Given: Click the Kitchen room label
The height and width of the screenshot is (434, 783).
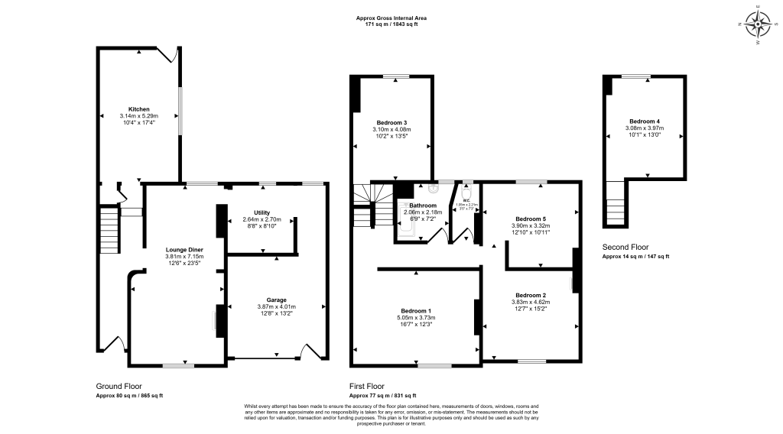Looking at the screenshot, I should (x=138, y=108).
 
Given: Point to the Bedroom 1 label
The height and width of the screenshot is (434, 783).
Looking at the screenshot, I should (x=415, y=310).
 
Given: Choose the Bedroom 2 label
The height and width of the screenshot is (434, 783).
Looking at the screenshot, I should (x=530, y=295).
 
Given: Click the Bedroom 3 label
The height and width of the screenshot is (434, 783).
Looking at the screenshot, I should (x=391, y=122).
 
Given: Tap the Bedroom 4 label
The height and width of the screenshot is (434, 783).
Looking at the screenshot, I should (x=644, y=121).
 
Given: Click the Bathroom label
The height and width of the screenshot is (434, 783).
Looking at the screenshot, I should (x=422, y=206).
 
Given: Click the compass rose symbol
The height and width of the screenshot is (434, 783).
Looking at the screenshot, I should (x=758, y=25).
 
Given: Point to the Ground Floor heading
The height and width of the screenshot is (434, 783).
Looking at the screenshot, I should (x=119, y=387).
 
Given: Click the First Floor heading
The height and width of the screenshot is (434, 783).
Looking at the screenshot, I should (x=366, y=387).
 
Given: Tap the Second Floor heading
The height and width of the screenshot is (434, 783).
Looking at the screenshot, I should (x=625, y=248).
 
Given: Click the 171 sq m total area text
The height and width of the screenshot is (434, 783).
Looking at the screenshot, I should (x=391, y=24).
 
